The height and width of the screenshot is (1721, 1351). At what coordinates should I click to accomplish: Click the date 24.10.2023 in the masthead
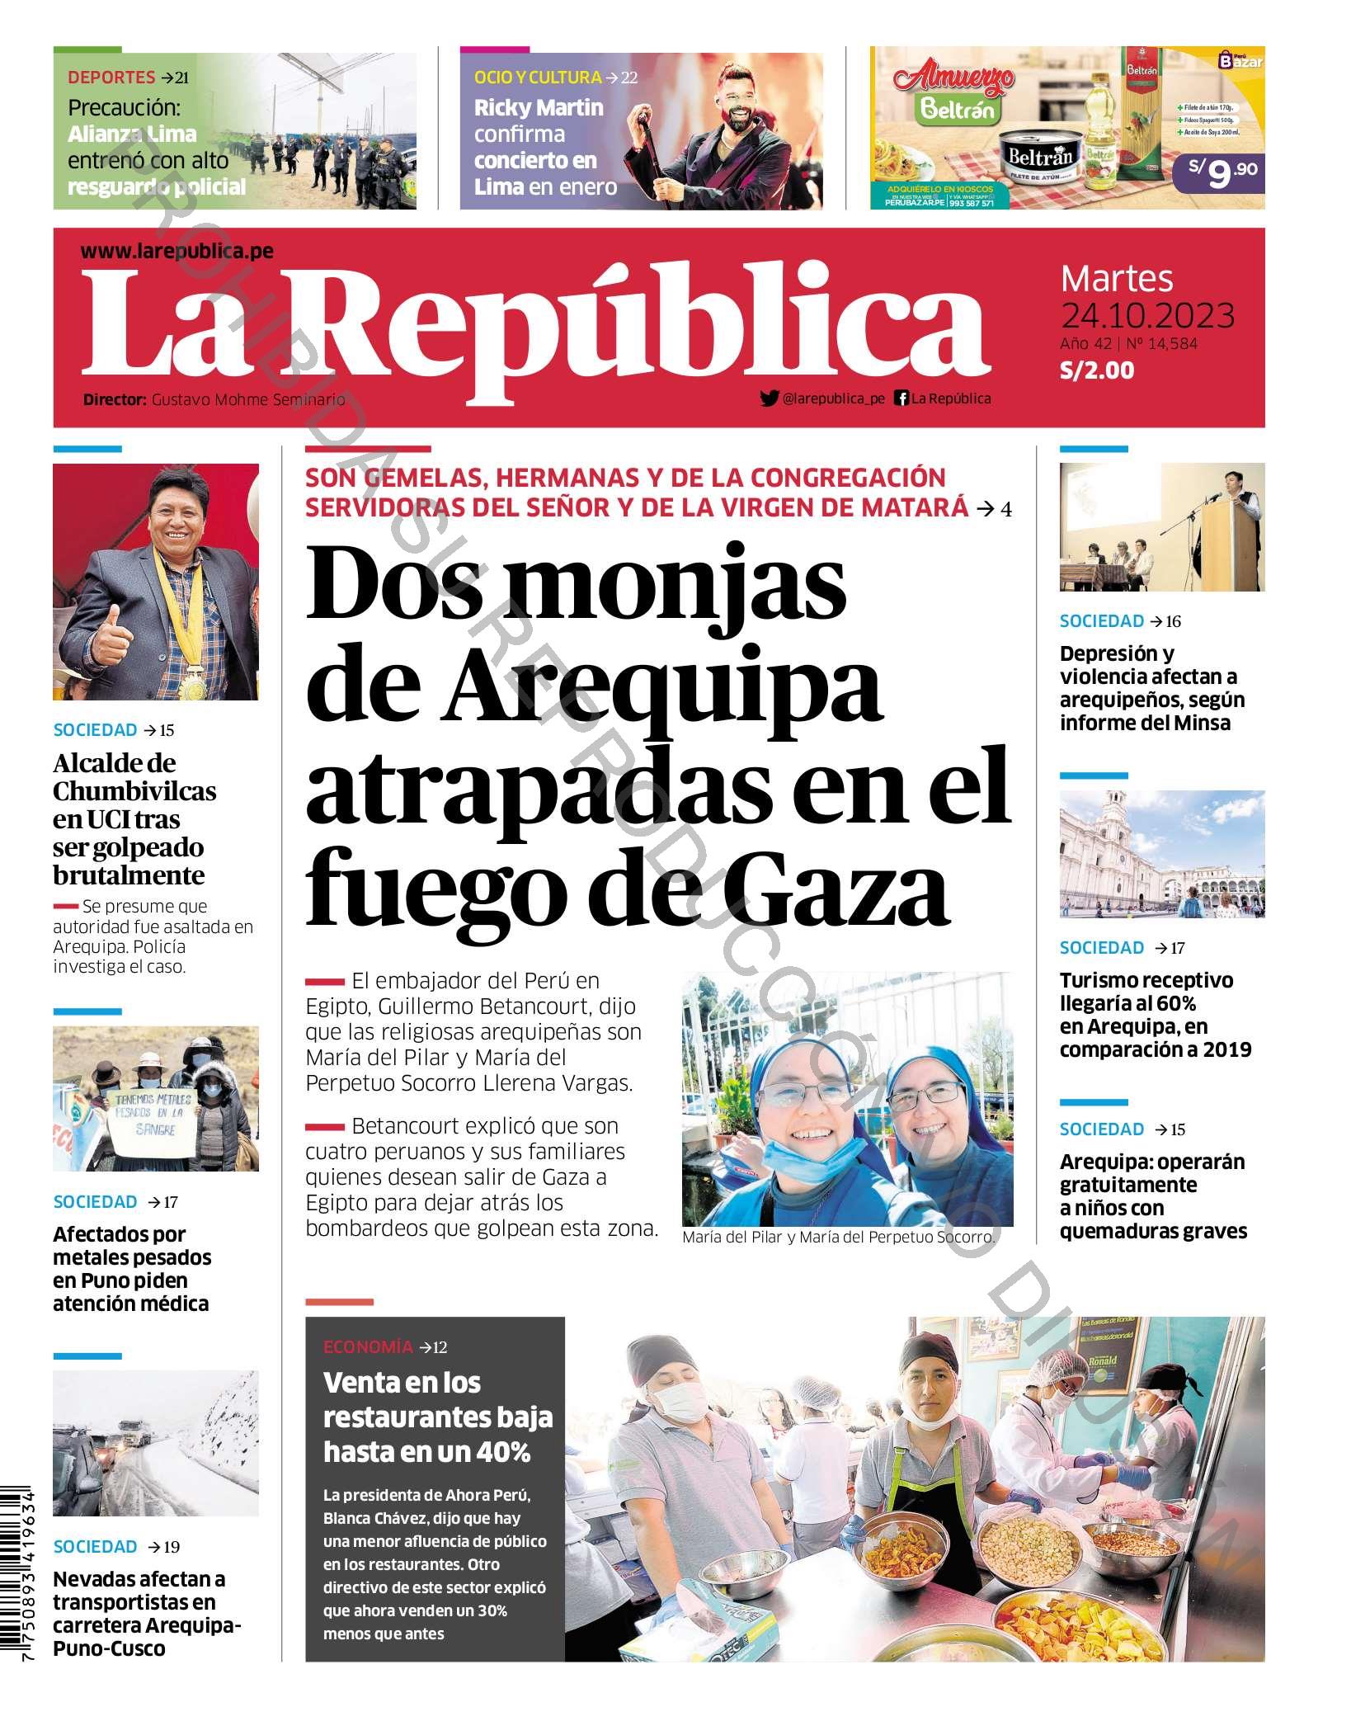[x=1147, y=316]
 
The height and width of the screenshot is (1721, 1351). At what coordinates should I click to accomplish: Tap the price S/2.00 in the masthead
[x=1096, y=370]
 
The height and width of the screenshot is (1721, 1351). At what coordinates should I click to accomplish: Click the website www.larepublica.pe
[x=177, y=252]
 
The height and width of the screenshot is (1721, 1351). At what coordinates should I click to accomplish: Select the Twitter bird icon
[x=769, y=398]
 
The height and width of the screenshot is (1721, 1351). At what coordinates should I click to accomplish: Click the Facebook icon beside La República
[x=901, y=398]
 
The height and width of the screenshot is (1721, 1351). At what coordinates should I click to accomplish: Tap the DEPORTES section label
[x=111, y=78]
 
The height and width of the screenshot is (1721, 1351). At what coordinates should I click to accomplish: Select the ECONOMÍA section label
[x=368, y=1347]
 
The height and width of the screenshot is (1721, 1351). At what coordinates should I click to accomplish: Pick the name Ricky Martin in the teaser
[x=539, y=108]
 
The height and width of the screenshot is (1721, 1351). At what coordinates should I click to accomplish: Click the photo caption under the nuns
[x=839, y=1238]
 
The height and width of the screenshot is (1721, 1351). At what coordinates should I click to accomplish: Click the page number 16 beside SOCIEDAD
[x=1173, y=621]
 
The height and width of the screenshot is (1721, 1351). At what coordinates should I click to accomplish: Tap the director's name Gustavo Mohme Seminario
[x=248, y=399]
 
